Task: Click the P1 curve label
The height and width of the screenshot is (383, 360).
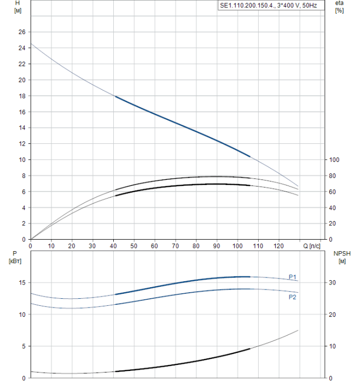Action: (293, 276)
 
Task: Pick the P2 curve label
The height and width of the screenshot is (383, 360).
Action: (293, 297)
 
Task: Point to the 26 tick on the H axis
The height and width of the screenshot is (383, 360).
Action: (21, 32)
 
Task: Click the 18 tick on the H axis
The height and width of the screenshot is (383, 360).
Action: (21, 96)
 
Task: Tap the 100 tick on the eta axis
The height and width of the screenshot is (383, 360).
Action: (333, 160)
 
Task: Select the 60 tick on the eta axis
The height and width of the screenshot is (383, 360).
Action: (332, 191)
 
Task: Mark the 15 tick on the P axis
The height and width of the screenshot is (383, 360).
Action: (21, 283)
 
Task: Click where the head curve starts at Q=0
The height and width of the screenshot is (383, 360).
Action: (31, 43)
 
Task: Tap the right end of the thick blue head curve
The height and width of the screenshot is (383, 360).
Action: (250, 156)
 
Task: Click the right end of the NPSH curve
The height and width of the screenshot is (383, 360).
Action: (298, 330)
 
